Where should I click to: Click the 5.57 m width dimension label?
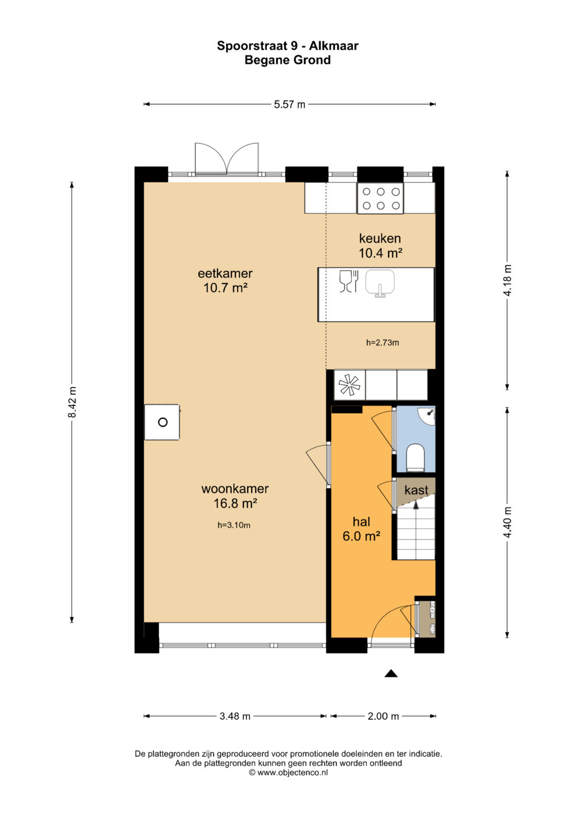click(x=289, y=105)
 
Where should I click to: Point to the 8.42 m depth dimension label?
click(x=72, y=402)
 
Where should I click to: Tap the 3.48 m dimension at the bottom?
click(x=235, y=716)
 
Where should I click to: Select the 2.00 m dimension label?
click(x=383, y=716)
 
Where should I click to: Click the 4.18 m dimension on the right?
click(x=507, y=281)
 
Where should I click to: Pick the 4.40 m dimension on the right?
click(x=507, y=522)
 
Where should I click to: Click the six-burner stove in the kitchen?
click(x=381, y=198)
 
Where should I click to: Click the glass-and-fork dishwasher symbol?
click(x=349, y=281)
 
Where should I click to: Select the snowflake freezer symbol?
click(x=350, y=385)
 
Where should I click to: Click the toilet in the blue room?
click(x=415, y=457)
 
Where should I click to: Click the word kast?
click(x=417, y=490)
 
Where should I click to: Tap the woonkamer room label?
click(x=235, y=489)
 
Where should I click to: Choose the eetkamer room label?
click(x=225, y=273)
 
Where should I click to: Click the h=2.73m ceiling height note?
click(x=382, y=342)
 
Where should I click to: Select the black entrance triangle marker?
click(x=391, y=673)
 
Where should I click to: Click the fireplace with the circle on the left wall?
click(x=162, y=422)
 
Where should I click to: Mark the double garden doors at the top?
click(x=227, y=159)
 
